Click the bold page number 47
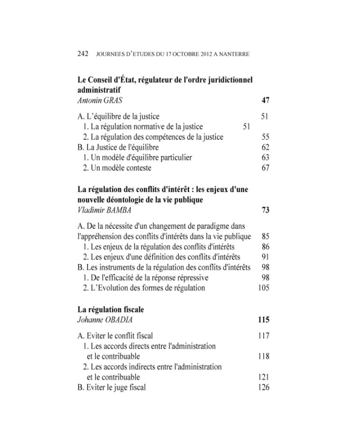[x=265, y=100]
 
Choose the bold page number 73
[x=265, y=210]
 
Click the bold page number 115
[x=263, y=320]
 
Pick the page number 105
[x=264, y=288]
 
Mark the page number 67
[x=265, y=168]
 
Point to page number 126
[x=264, y=387]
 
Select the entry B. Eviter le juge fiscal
[x=112, y=387]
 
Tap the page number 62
[x=265, y=147]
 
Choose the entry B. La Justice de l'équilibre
[x=118, y=147]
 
